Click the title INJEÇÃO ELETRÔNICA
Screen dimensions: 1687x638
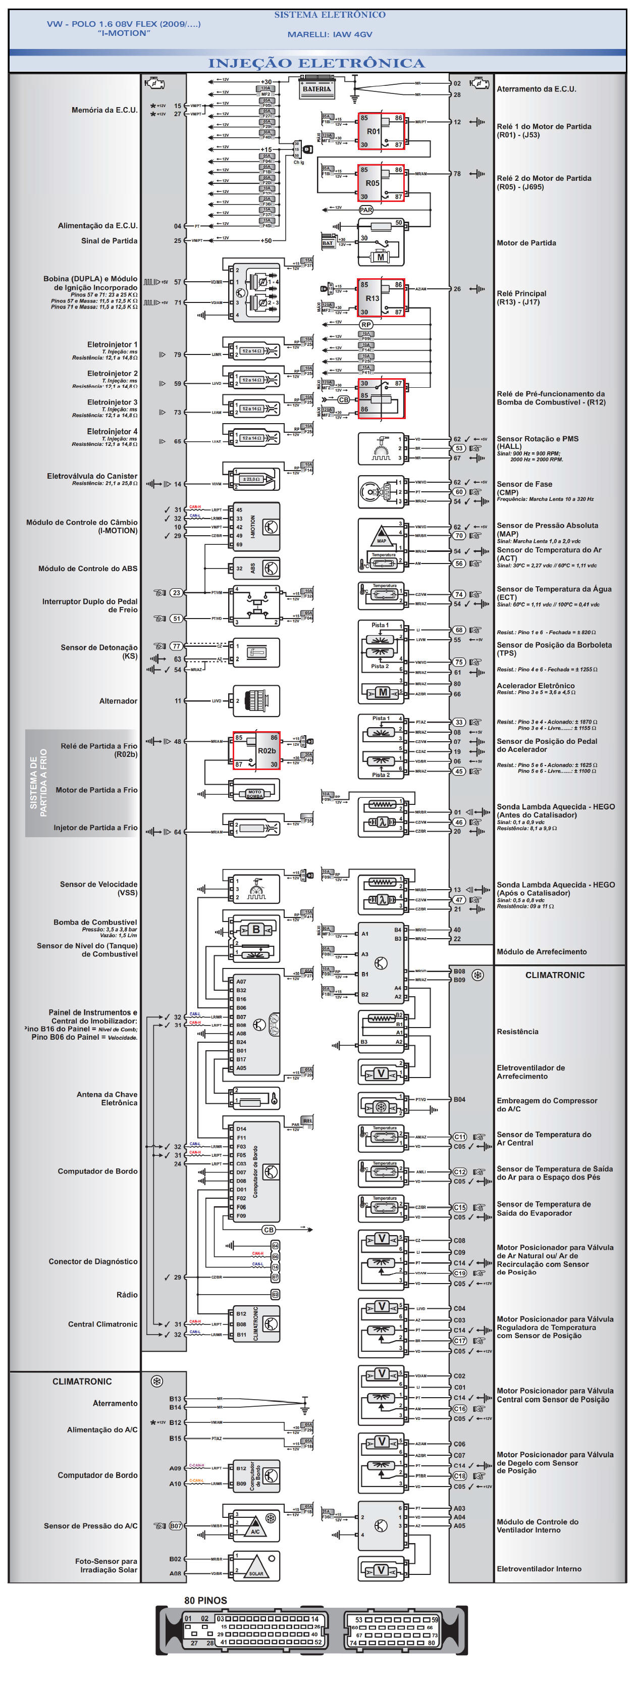(316, 63)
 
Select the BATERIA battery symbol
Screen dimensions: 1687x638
(316, 88)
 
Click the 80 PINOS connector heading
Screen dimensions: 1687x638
(205, 1600)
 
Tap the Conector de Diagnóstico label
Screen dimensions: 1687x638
(93, 1261)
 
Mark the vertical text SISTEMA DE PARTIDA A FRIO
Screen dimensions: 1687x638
(38, 783)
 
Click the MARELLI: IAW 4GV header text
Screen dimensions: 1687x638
(330, 34)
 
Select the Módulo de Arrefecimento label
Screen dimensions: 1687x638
(541, 952)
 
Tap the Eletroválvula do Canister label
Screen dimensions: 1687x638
(92, 476)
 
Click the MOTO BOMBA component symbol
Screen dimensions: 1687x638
(254, 794)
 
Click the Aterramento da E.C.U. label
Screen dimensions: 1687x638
(536, 89)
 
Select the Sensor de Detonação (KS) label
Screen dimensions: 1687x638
(99, 651)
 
